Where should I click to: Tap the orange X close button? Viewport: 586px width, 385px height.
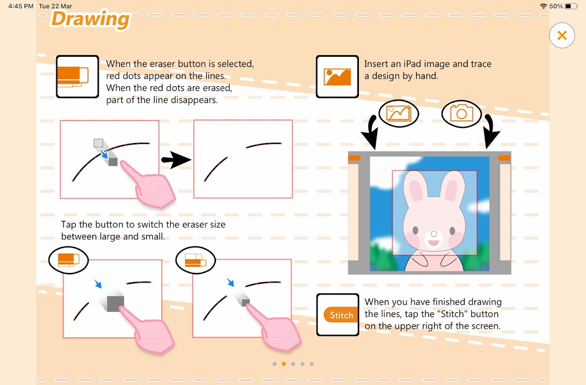pyautogui.click(x=561, y=35)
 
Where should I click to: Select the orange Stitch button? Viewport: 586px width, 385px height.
pyautogui.click(x=341, y=315)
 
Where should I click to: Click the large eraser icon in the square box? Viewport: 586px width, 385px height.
pyautogui.click(x=73, y=77)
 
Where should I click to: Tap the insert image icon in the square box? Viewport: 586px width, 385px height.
pyautogui.click(x=337, y=77)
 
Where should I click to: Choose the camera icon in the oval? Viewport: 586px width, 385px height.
pyautogui.click(x=461, y=113)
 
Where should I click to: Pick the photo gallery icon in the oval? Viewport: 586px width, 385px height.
pyautogui.click(x=399, y=113)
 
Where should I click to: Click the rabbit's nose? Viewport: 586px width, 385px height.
pyautogui.click(x=434, y=234)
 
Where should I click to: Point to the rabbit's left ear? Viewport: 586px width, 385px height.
pyautogui.click(x=416, y=187)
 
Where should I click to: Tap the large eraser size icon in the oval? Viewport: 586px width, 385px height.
pyautogui.click(x=68, y=259)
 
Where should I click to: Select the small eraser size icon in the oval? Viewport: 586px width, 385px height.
pyautogui.click(x=195, y=260)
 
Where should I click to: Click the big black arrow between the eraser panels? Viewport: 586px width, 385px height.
pyautogui.click(x=176, y=159)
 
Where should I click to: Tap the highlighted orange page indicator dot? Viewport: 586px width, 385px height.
pyautogui.click(x=284, y=364)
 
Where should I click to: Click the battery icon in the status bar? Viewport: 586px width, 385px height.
pyautogui.click(x=571, y=6)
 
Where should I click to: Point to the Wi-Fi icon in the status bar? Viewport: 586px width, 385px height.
pyautogui.click(x=543, y=6)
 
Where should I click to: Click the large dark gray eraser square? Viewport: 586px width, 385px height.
pyautogui.click(x=115, y=304)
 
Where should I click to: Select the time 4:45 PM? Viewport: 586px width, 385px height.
pyautogui.click(x=21, y=6)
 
